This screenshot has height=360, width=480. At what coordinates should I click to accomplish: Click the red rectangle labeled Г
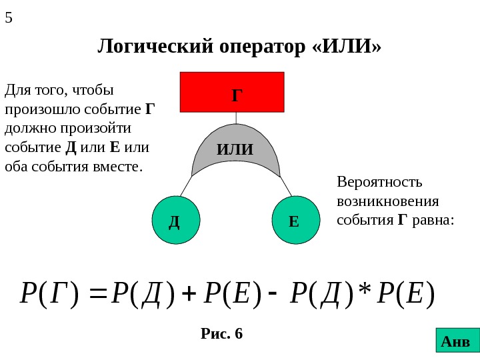233,91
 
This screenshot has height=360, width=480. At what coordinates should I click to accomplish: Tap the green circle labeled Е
294,220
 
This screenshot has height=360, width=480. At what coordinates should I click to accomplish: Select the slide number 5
9,18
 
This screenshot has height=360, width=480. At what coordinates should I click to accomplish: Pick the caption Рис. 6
222,333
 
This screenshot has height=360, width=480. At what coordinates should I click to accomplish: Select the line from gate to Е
285,187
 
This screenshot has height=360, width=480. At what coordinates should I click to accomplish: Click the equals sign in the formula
99,292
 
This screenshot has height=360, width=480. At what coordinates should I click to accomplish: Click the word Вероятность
380,182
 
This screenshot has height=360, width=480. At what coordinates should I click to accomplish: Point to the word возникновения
388,201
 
